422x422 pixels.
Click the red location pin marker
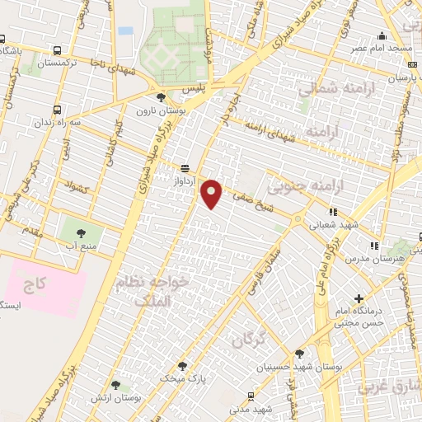point(212,193)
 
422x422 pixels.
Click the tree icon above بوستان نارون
point(161,97)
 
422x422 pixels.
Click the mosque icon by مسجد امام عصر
point(382,36)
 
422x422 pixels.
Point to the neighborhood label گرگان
point(248,339)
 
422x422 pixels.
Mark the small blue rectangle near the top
point(125,30)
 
